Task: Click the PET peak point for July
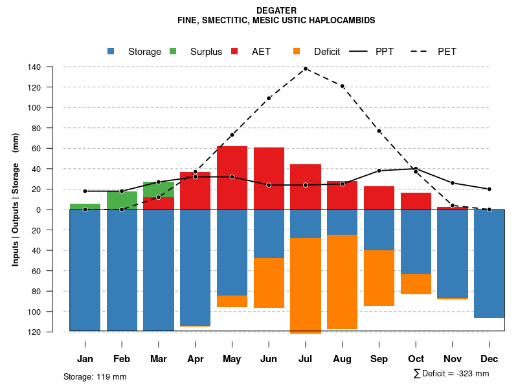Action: pyautogui.click(x=306, y=68)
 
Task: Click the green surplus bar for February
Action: pyautogui.click(x=122, y=200)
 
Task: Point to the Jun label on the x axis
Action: pyautogui.click(x=269, y=358)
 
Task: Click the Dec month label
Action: pyautogui.click(x=490, y=358)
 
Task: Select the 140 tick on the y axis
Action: pyautogui.click(x=52, y=67)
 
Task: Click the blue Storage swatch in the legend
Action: pyautogui.click(x=111, y=51)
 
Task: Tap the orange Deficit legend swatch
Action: pyautogui.click(x=297, y=51)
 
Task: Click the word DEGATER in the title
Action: pyautogui.click(x=276, y=10)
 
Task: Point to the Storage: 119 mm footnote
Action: pyautogui.click(x=95, y=376)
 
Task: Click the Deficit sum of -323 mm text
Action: pyautogui.click(x=451, y=373)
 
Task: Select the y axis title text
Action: pyautogui.click(x=16, y=199)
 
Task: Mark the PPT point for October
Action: pyautogui.click(x=416, y=169)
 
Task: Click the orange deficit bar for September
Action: pyautogui.click(x=379, y=278)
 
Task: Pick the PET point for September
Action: pyautogui.click(x=379, y=131)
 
